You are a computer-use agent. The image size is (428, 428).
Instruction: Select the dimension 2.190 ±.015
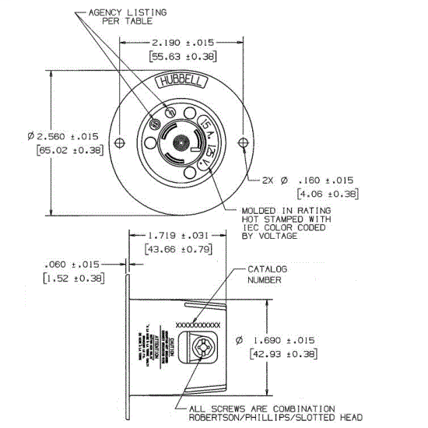click(182, 41)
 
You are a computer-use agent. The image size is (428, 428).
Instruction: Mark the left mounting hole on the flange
click(118, 142)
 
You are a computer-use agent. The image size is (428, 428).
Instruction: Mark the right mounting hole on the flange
click(244, 142)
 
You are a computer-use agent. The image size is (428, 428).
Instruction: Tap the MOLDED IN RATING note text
click(286, 211)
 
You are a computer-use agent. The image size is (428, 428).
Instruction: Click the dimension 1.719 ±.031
click(180, 234)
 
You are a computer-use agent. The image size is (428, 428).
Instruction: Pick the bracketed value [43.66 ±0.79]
click(180, 249)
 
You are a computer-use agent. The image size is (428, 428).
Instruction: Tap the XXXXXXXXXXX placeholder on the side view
click(199, 322)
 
